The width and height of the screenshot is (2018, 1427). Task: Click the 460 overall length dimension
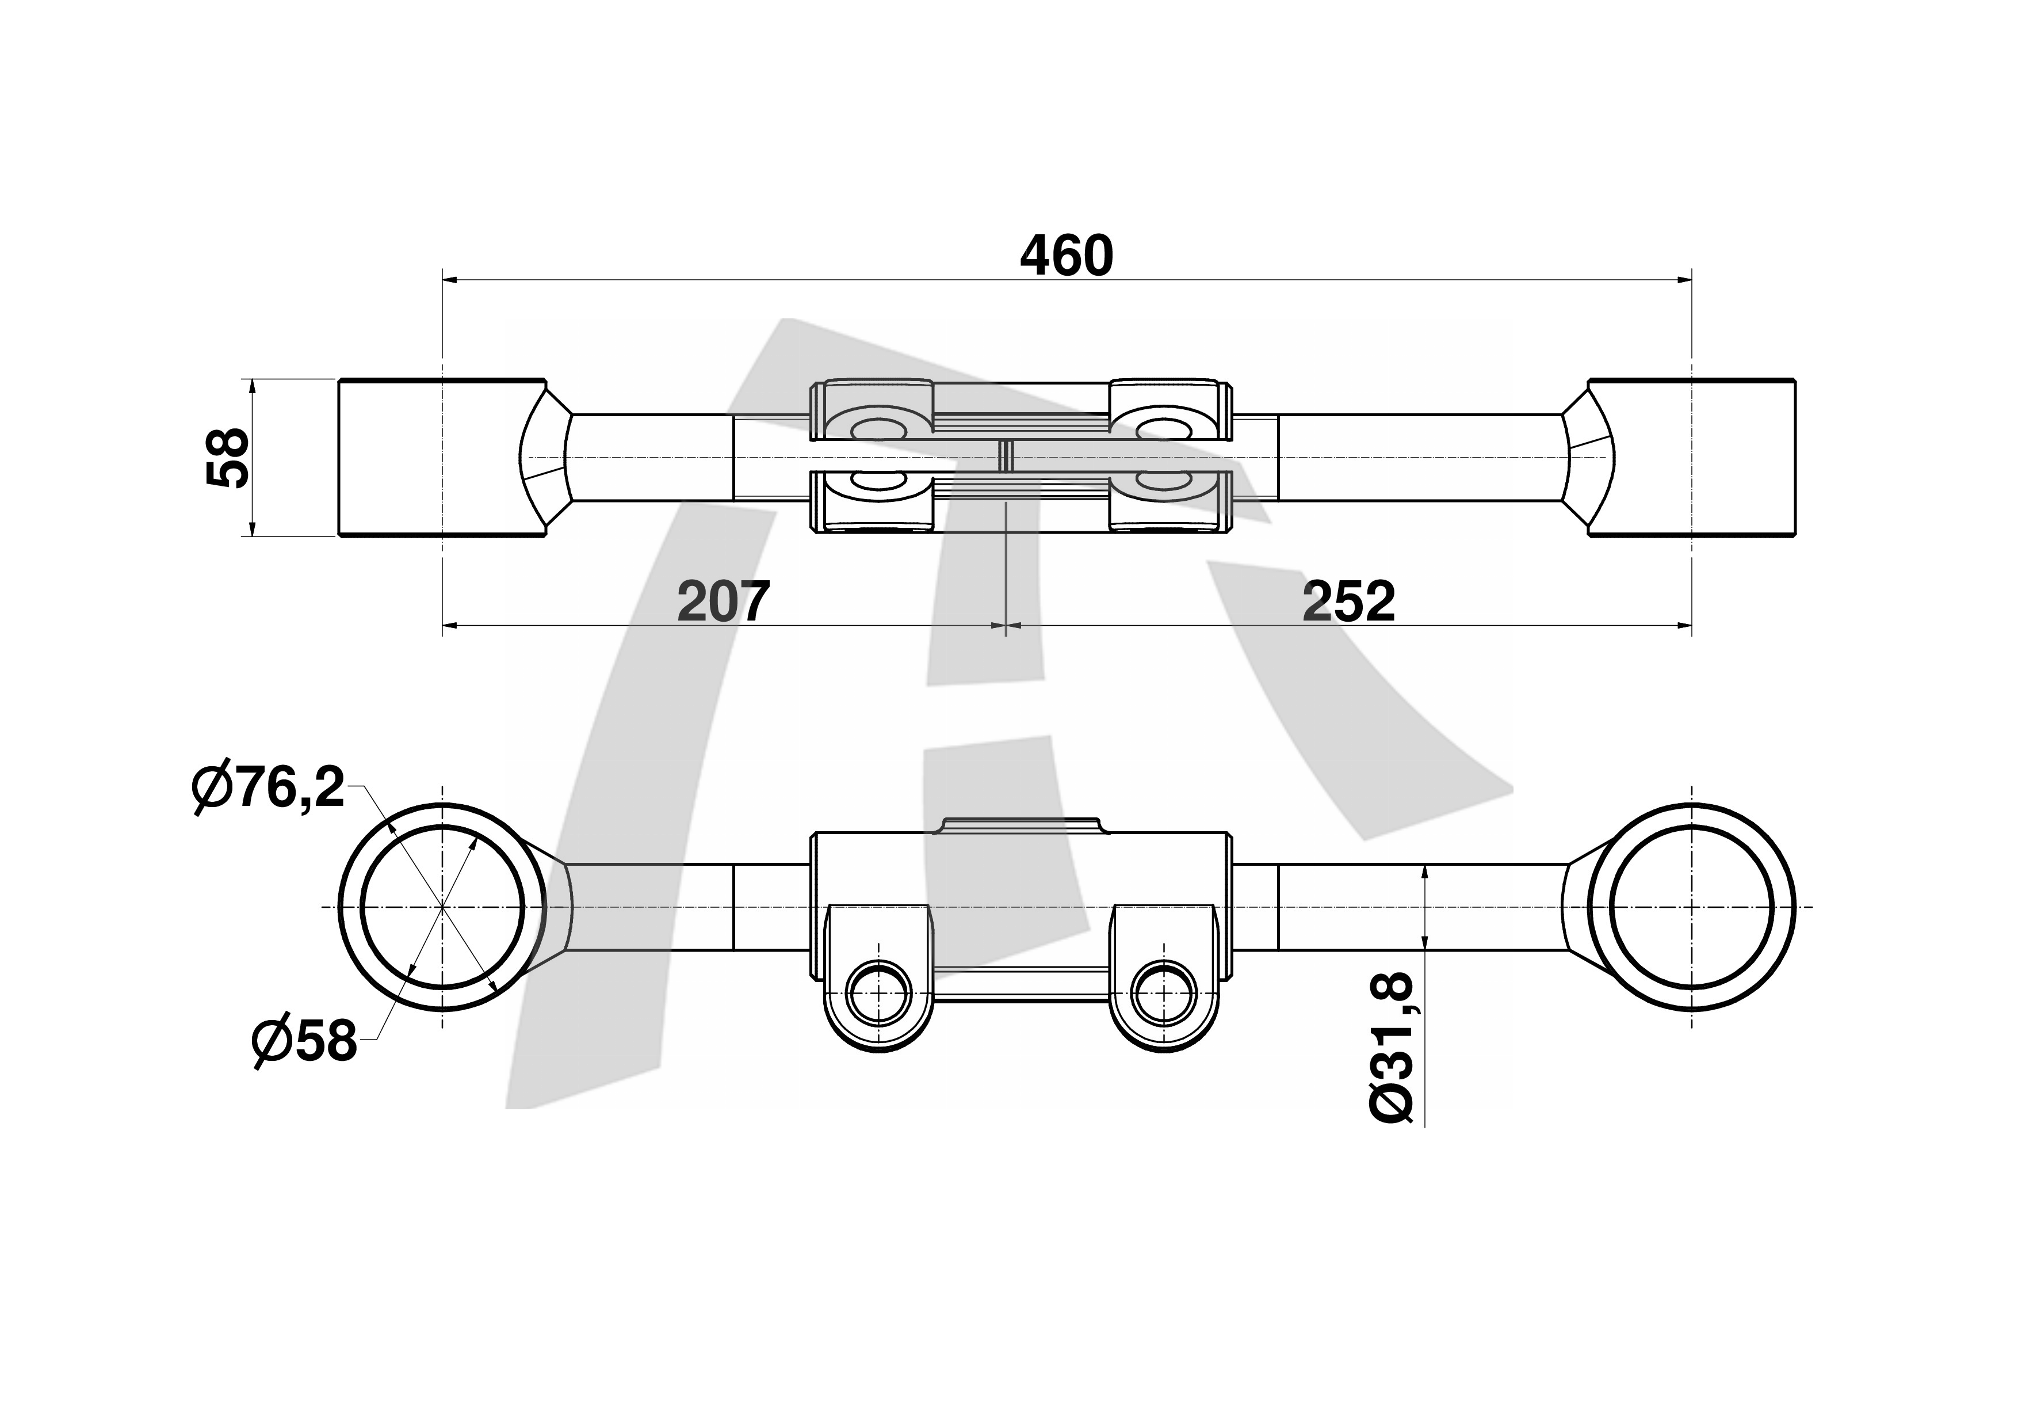pos(1066,257)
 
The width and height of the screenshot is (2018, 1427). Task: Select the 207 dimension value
pos(723,602)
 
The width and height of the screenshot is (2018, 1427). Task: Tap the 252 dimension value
pos(1348,602)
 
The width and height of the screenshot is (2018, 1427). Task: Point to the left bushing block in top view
pos(442,457)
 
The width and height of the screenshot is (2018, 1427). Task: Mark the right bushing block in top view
pos(1692,457)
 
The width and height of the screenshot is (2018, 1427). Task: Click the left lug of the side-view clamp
pos(877,976)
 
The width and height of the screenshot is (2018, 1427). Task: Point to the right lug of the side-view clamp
pos(1164,976)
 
